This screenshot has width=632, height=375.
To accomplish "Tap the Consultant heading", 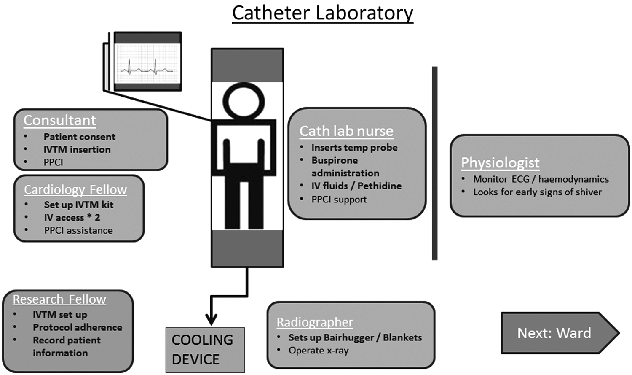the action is pos(60,120).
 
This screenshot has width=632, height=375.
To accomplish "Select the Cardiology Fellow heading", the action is pos(75,189).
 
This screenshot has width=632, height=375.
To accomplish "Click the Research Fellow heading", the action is pos(59,299).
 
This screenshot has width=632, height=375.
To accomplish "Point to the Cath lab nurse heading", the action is pos(346,131).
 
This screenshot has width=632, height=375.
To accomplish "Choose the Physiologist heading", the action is pos(500,163).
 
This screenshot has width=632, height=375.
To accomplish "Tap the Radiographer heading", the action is pos(315,322).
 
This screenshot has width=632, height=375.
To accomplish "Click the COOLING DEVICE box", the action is pos(205,350).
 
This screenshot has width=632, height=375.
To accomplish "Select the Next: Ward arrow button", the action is pos(560,333).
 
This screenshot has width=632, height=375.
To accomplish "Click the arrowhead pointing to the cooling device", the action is pos(211,319).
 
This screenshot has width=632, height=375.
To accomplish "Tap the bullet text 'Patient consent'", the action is pos(80,137).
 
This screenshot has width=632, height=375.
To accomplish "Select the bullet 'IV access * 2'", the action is pos(72,217).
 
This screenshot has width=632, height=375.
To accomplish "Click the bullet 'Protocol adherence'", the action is pos(78,327).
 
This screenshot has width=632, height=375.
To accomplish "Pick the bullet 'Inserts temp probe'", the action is pos(354,147).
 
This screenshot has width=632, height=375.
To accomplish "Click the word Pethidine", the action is pos(380,186).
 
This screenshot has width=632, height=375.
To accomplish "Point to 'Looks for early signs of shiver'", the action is pos(538,192).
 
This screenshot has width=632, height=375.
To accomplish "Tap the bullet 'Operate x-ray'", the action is pos(319,351).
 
